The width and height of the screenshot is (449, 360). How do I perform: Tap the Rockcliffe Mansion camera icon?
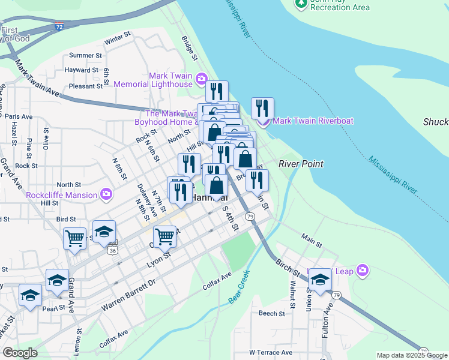(x=106, y=194)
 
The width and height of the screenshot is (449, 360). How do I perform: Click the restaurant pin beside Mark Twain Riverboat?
(x=262, y=109)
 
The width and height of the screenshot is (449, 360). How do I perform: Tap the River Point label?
(x=301, y=164)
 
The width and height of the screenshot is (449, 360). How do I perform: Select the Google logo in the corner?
(x=20, y=353)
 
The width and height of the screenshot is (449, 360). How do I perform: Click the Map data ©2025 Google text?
(x=411, y=355)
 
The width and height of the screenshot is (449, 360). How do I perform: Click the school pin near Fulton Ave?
(x=320, y=280)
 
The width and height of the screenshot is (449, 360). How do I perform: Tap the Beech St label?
(x=271, y=313)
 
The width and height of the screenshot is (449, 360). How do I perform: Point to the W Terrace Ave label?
(x=270, y=352)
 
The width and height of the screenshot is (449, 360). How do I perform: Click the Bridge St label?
(x=190, y=48)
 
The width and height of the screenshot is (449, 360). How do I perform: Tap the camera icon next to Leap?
(x=362, y=271)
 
